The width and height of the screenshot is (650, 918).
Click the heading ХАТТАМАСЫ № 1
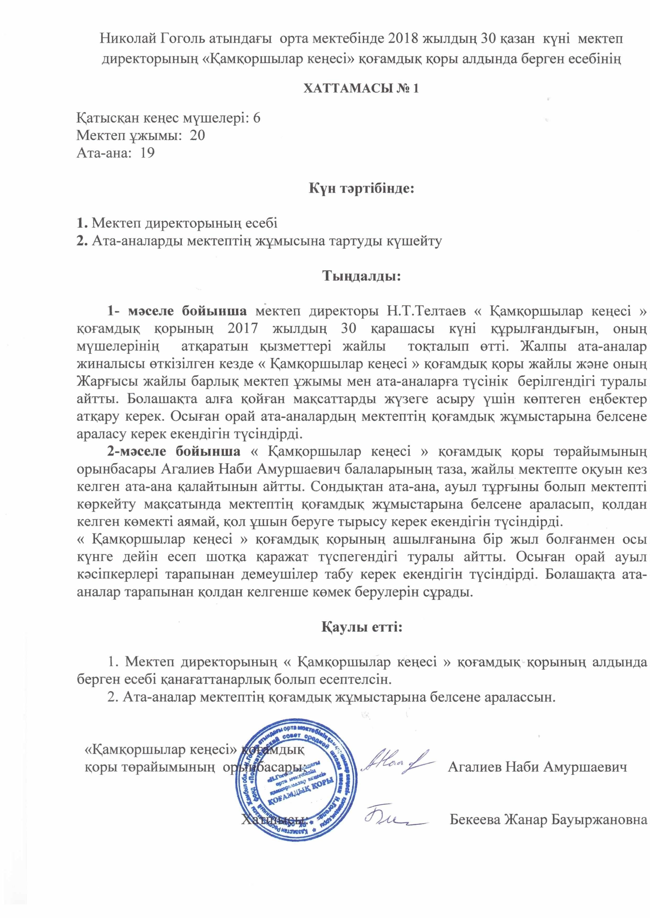(x=362, y=88)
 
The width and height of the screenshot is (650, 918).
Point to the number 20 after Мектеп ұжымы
(x=197, y=136)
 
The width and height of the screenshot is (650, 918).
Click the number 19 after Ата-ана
(x=147, y=153)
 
